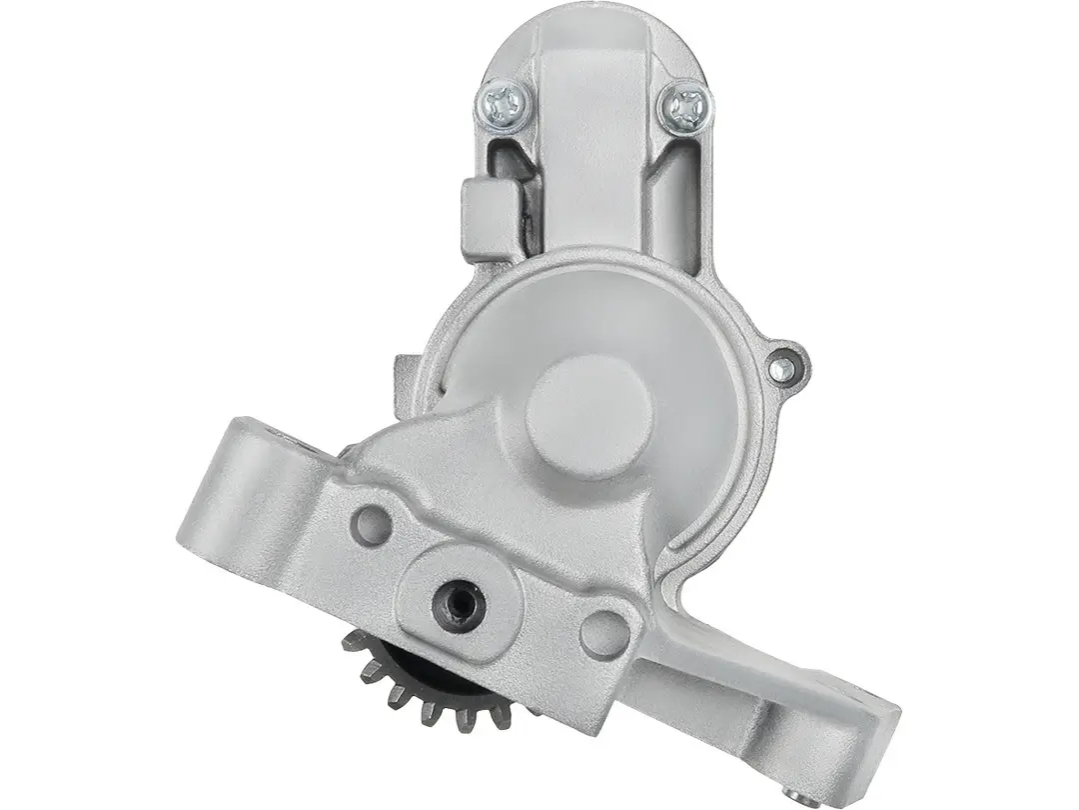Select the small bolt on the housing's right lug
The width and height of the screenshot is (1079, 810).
(785, 369)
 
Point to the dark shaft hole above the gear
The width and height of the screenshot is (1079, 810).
(459, 601)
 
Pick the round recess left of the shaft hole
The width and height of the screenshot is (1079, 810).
(372, 524)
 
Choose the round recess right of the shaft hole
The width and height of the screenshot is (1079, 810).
(604, 632)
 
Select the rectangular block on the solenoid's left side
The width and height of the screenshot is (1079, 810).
(490, 219)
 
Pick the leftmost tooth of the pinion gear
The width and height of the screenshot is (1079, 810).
(353, 641)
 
